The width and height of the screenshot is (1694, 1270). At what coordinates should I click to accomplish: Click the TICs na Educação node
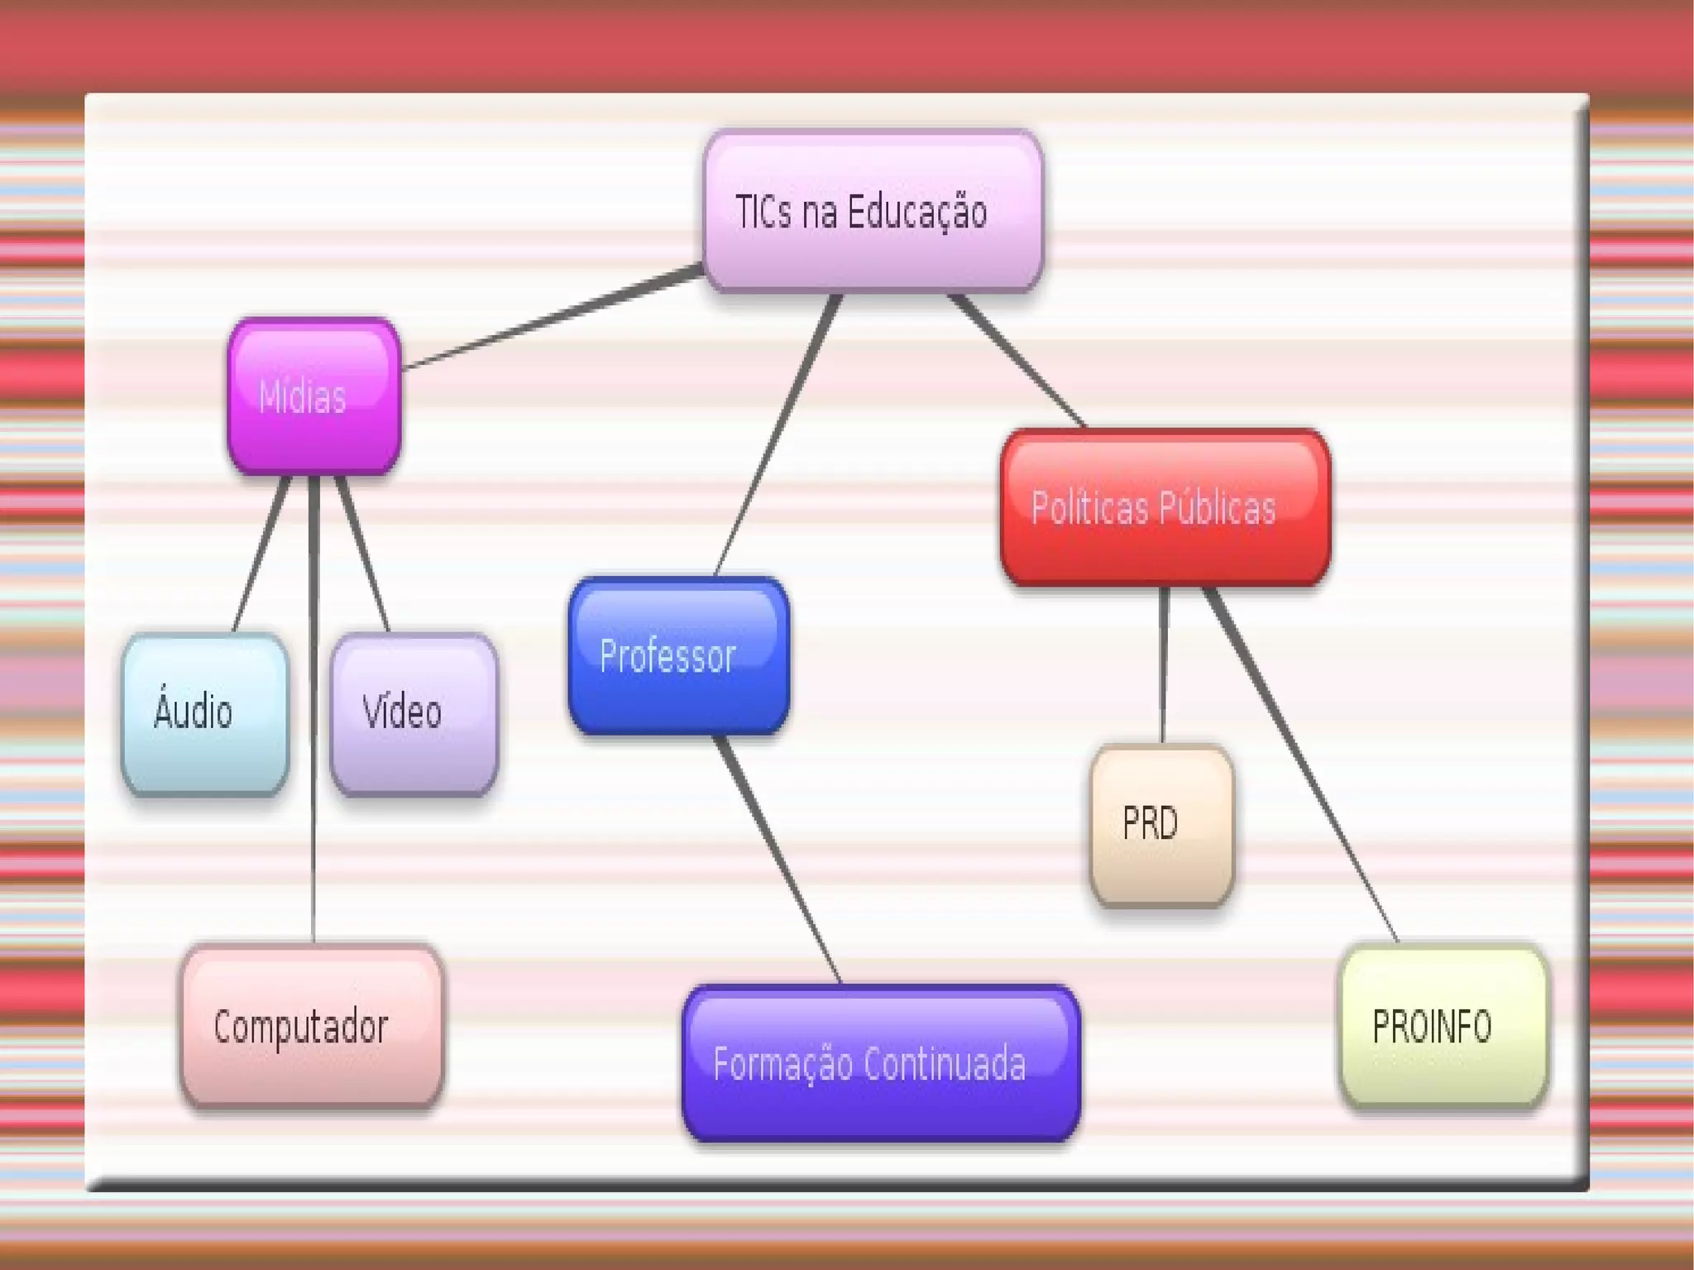(x=873, y=211)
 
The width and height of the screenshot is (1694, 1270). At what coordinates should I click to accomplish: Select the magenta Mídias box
(x=314, y=396)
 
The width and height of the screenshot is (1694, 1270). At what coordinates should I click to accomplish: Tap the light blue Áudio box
(x=205, y=713)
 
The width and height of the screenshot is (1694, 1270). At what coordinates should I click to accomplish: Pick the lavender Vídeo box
(x=414, y=713)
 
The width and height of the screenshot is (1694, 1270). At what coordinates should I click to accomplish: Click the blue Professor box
(x=678, y=655)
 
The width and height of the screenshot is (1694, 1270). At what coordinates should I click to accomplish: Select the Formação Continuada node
(x=881, y=1063)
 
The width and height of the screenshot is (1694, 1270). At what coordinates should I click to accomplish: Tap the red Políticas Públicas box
(x=1165, y=507)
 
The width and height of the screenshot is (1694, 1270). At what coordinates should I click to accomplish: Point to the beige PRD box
(x=1161, y=824)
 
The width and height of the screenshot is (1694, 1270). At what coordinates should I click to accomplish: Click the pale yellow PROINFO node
(x=1443, y=1026)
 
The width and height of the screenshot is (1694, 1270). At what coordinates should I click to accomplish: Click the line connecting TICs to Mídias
(x=553, y=317)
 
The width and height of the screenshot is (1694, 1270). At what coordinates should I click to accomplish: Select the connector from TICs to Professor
(x=776, y=434)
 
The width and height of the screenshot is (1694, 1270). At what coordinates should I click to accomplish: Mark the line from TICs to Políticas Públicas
(x=1017, y=360)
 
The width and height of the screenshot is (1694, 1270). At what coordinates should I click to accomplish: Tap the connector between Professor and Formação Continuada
(x=778, y=860)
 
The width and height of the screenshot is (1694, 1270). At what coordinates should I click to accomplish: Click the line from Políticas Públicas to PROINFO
(x=1303, y=765)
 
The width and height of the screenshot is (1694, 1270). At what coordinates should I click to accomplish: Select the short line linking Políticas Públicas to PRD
(x=1163, y=666)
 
